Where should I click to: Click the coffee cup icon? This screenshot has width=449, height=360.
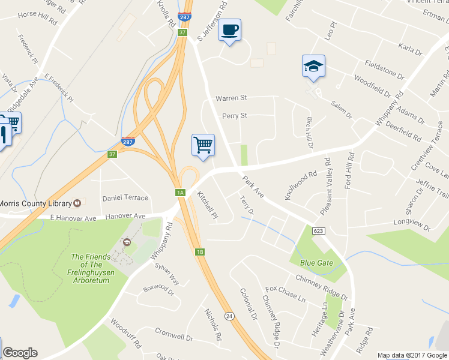point(229,30)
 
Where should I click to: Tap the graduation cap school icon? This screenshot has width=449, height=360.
point(313,66)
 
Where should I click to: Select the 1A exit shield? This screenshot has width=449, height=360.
point(180,193)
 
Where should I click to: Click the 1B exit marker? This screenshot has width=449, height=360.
point(200,251)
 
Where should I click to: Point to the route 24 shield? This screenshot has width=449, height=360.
point(229,315)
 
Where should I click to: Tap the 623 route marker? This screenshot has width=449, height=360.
point(319,231)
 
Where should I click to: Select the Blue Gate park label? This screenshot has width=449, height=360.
point(316,263)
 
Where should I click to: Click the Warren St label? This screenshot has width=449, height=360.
point(231,97)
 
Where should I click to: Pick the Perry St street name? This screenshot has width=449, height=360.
point(234,115)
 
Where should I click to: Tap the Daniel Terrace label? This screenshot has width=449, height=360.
point(125,197)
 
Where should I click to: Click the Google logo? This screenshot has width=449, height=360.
point(20,353)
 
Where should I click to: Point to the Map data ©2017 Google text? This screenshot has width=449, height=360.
point(412,355)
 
